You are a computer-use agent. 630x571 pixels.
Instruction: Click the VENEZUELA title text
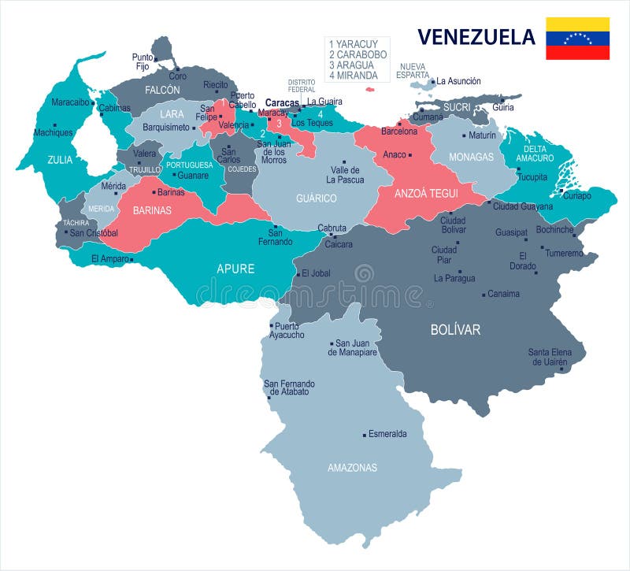476,37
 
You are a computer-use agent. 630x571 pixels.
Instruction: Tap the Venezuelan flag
578,39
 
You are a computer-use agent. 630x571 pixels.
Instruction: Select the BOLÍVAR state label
455,330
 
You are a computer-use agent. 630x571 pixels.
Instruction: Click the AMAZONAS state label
352,468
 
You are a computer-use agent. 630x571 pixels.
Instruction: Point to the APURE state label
235,269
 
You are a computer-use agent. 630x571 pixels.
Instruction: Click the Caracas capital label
282,102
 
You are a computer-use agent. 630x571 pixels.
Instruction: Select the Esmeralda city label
387,434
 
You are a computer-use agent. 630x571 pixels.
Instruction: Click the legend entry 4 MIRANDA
353,76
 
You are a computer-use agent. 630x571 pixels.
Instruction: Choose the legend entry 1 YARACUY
353,44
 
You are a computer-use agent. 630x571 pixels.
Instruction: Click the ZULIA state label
60,160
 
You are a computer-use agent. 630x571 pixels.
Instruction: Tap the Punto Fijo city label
142,62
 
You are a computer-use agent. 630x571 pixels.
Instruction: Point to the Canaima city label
504,294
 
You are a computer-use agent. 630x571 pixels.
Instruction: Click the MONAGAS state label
471,157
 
